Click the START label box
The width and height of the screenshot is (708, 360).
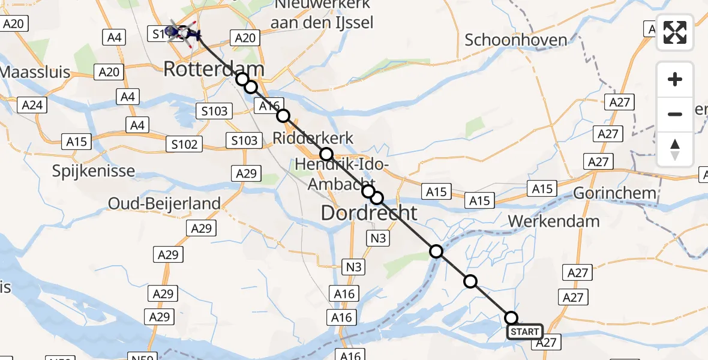coord(525,332)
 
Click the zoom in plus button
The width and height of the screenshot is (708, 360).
coord(675,79)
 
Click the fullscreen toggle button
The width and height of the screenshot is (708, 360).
coord(675,32)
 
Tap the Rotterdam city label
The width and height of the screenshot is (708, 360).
coord(214,68)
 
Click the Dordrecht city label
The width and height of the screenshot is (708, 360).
coord(369,212)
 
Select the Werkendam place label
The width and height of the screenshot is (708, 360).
coord(553,221)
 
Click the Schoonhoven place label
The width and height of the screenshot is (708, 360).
coord(516,40)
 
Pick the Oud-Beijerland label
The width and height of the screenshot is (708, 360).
coord(164,203)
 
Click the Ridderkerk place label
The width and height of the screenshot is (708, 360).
coord(313,138)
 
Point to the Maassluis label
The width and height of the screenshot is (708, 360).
coord(35,73)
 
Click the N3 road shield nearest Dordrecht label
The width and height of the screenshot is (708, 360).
coord(378,238)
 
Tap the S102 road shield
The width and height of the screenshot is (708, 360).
coord(184,145)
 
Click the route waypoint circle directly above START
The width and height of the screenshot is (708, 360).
coord(511,318)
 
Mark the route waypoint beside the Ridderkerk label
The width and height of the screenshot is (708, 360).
coord(326,154)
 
